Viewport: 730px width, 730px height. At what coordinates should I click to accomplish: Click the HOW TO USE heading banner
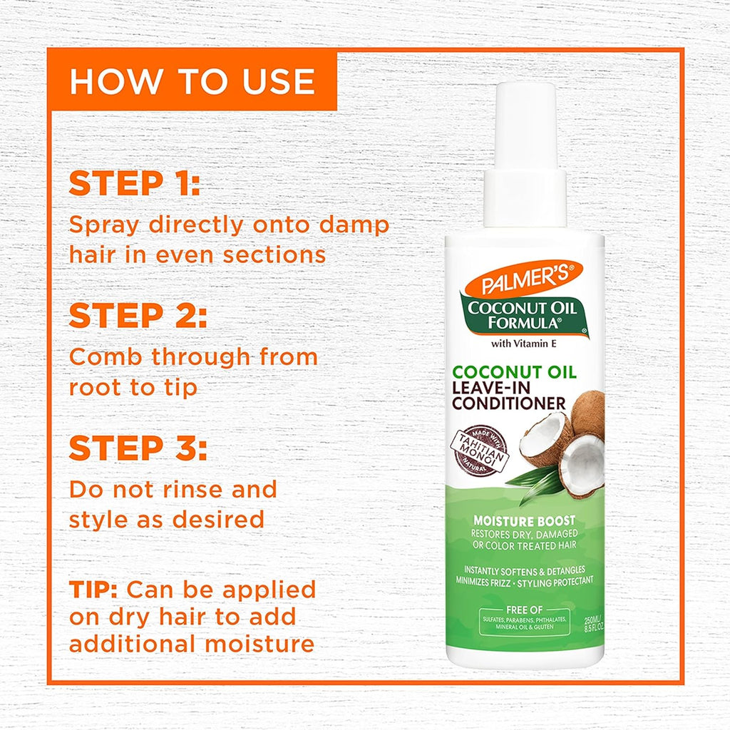click(x=192, y=81)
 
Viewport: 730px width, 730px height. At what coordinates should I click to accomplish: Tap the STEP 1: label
click(x=135, y=183)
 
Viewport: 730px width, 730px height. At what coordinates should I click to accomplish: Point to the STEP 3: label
click(x=138, y=448)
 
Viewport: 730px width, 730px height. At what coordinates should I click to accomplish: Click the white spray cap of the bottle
click(x=525, y=153)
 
